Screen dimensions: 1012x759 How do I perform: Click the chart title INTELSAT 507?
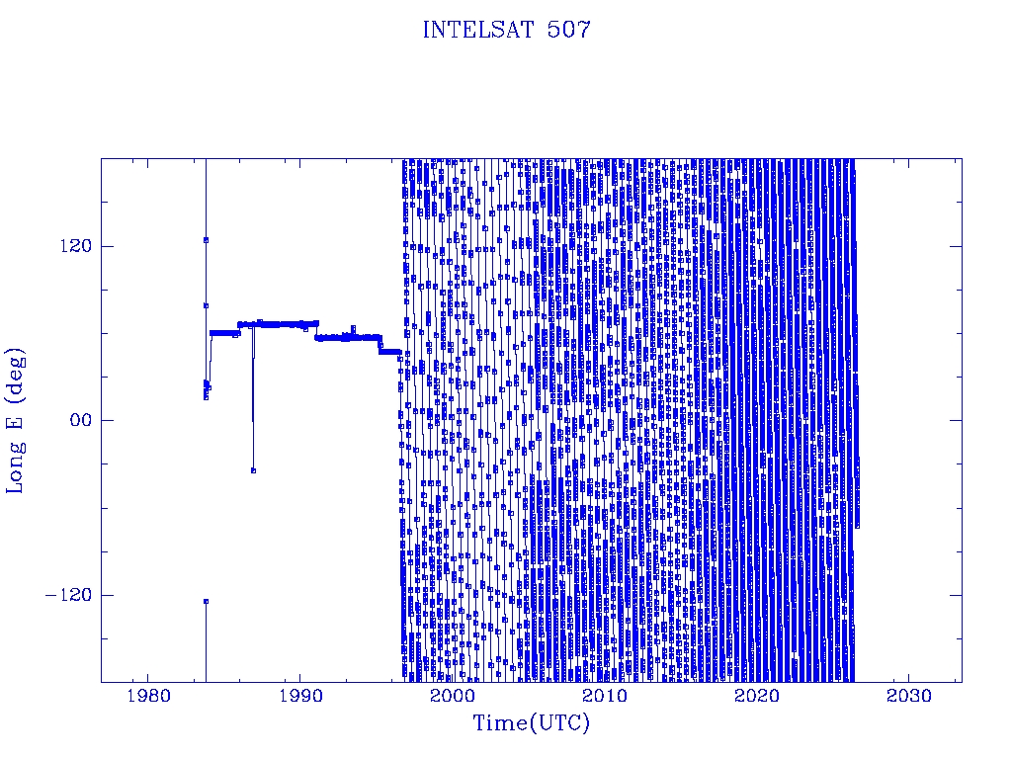(x=506, y=30)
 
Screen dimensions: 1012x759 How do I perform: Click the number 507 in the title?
(x=568, y=30)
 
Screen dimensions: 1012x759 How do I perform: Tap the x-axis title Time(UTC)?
(x=531, y=722)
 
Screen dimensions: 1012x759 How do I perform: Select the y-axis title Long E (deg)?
(x=15, y=421)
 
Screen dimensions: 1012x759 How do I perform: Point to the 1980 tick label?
(x=148, y=696)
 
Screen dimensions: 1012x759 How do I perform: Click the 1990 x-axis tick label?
(x=300, y=696)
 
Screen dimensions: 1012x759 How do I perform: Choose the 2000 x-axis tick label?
(x=453, y=696)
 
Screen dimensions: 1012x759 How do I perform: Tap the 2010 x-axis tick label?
(x=605, y=696)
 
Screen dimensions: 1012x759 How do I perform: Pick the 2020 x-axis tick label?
(x=757, y=696)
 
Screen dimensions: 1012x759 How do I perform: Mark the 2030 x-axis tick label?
(x=909, y=696)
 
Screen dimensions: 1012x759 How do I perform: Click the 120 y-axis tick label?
(x=75, y=246)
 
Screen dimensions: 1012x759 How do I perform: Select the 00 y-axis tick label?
(x=81, y=420)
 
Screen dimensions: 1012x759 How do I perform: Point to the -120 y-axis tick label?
(x=68, y=594)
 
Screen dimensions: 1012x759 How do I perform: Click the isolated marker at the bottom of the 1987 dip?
(x=253, y=470)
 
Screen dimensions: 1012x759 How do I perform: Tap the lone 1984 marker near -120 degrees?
(x=206, y=602)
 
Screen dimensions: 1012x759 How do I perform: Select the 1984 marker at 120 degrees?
(x=206, y=240)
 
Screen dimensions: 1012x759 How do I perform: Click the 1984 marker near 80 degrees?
(x=206, y=306)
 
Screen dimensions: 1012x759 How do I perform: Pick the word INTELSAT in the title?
(x=478, y=30)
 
